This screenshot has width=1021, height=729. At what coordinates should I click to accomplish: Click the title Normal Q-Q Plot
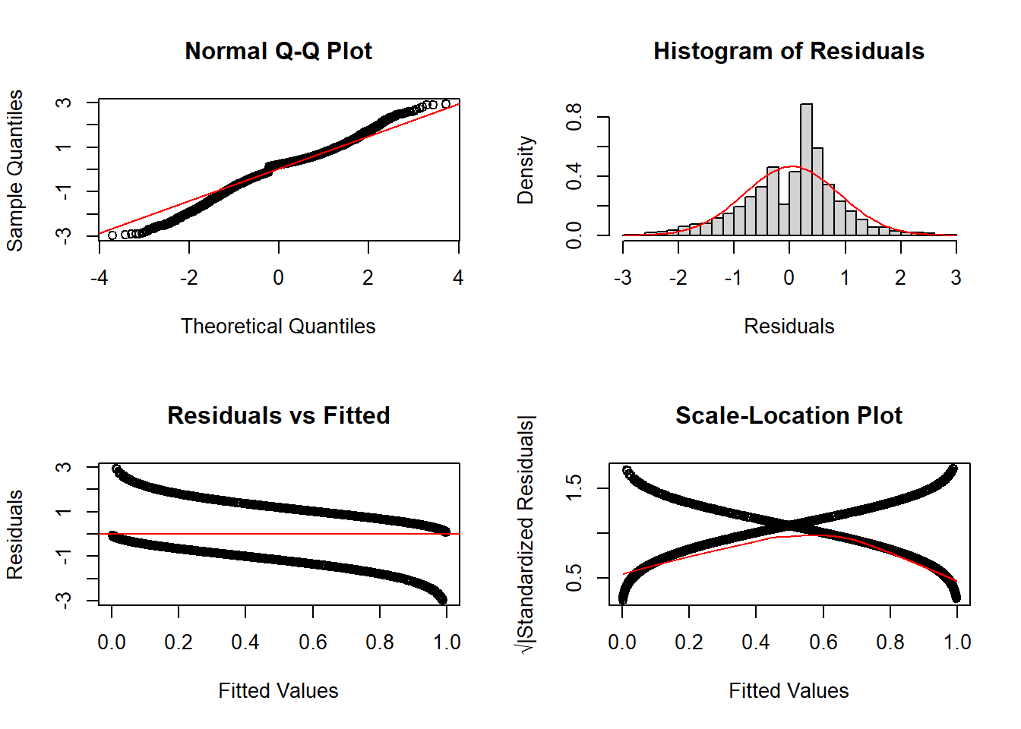[x=278, y=51]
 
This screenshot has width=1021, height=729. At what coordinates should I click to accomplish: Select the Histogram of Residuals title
[x=789, y=51]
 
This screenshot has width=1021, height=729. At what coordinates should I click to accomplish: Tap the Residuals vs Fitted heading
[x=278, y=415]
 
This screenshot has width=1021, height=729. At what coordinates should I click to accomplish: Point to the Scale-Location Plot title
[x=789, y=415]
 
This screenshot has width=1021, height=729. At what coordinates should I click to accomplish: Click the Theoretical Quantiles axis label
[x=278, y=327]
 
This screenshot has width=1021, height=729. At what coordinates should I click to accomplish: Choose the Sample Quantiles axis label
[x=15, y=170]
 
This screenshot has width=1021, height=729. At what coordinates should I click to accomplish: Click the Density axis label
[x=526, y=170]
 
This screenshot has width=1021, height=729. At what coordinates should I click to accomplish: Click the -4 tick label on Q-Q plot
[x=99, y=278]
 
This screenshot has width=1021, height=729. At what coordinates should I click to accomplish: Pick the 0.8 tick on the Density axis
[x=574, y=117]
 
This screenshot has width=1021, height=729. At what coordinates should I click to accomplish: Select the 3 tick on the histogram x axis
[x=956, y=278]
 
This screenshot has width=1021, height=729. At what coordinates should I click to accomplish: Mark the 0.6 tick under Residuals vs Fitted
[x=313, y=642]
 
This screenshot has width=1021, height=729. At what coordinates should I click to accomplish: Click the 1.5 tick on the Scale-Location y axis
[x=574, y=488]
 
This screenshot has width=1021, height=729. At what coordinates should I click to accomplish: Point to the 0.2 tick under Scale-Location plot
[x=689, y=642]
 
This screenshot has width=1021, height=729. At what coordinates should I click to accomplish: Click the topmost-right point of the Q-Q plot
[x=446, y=104]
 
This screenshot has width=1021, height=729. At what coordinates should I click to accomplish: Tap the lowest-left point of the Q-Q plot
[x=112, y=235]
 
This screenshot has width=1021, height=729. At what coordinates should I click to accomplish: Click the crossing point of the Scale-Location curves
[x=790, y=525]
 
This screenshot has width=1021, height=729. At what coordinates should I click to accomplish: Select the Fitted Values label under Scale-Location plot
[x=789, y=691]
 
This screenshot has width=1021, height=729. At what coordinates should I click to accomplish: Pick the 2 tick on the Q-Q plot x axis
[x=368, y=278]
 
